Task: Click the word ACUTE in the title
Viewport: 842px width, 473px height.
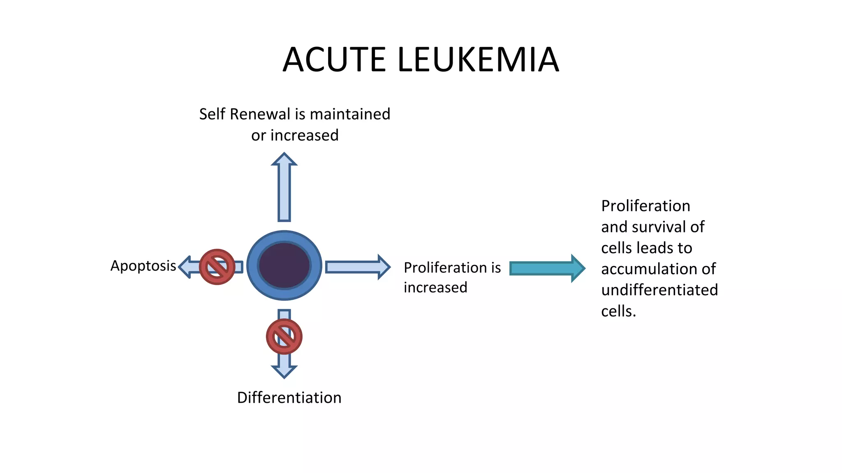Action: (334, 60)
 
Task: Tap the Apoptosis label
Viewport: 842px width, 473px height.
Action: (143, 266)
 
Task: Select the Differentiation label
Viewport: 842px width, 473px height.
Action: (289, 398)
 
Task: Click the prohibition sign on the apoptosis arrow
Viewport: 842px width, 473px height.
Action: (217, 267)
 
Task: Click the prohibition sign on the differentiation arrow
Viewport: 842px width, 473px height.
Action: (284, 337)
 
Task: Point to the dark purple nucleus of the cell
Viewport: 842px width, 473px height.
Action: (284, 265)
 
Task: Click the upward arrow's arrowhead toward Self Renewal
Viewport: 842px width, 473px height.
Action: (284, 160)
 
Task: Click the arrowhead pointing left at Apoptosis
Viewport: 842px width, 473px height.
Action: (185, 267)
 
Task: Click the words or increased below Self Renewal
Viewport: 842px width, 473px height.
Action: (295, 135)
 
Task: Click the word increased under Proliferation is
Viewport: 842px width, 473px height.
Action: (435, 287)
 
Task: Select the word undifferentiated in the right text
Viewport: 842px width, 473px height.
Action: (659, 290)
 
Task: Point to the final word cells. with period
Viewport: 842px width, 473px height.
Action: (618, 311)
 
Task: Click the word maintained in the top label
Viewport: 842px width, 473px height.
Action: (349, 114)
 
